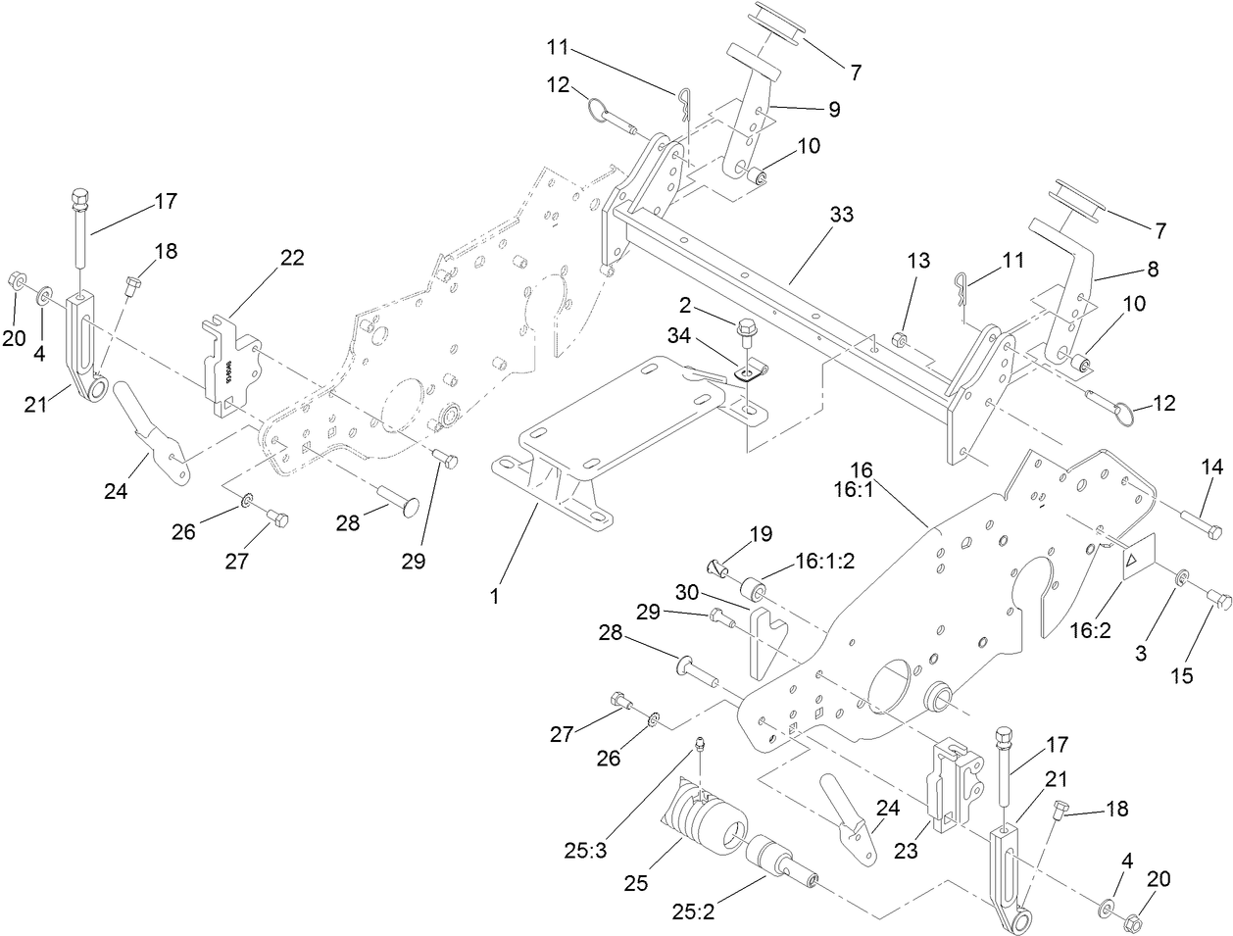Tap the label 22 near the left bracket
291,258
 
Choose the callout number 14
1212,470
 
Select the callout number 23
907,852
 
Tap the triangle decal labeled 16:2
1135,560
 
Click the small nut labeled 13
901,340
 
